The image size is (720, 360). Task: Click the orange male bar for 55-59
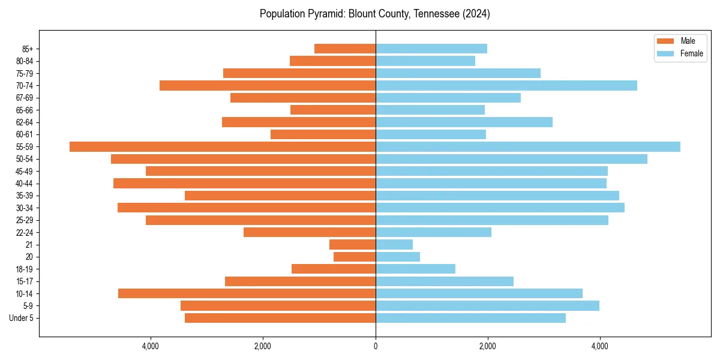tap(222, 147)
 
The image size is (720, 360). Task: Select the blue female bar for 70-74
tap(506, 86)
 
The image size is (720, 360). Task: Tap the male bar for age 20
tap(355, 257)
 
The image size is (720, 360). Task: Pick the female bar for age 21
tap(394, 245)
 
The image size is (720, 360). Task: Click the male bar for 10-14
tap(247, 293)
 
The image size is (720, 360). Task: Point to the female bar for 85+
tap(431, 49)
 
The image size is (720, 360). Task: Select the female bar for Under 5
tap(470, 318)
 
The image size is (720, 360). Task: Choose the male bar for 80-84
tap(332, 61)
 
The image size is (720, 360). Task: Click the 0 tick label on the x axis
tap(376, 346)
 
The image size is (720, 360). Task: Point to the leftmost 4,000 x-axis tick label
tap(151, 346)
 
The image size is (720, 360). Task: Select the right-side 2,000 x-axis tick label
tap(488, 346)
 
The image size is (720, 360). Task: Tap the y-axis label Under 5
tap(22, 318)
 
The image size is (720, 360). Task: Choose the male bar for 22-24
tap(310, 232)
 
